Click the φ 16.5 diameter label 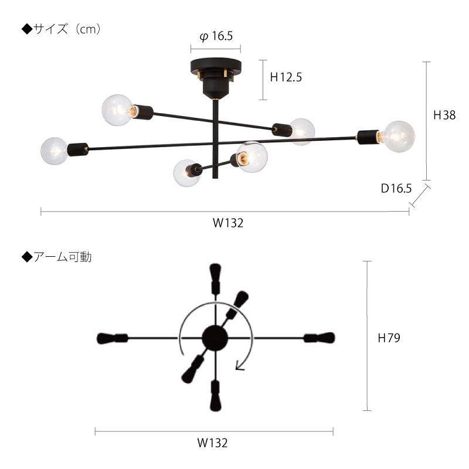pyautogui.click(x=216, y=36)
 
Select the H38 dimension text pyautogui.click(x=444, y=115)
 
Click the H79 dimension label pyautogui.click(x=389, y=338)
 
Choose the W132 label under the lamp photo pyautogui.click(x=227, y=223)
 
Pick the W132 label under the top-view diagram pyautogui.click(x=212, y=443)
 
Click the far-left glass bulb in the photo pyautogui.click(x=55, y=151)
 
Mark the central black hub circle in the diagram pyautogui.click(x=215, y=338)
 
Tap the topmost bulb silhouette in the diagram pyautogui.click(x=215, y=274)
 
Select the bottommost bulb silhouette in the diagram pyautogui.click(x=215, y=396)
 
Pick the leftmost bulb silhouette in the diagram pyautogui.click(x=106, y=338)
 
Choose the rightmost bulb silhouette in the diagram pyautogui.click(x=324, y=338)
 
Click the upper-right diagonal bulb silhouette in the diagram pyautogui.click(x=240, y=299)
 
